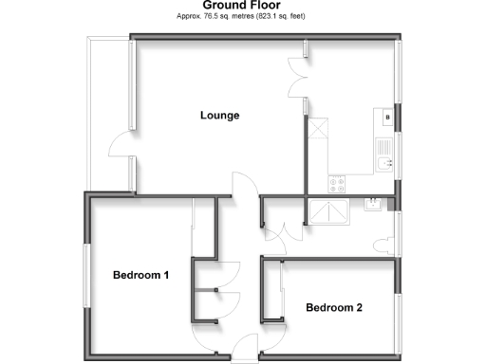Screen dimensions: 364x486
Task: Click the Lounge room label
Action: tap(219, 116)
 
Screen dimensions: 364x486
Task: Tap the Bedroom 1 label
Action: tap(140, 276)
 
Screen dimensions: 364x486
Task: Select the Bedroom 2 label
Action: tap(334, 307)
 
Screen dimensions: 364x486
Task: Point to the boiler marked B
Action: tap(388, 118)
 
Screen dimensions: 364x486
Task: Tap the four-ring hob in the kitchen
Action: tap(337, 179)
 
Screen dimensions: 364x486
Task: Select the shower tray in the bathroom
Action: tap(327, 210)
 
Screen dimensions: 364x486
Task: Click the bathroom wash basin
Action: tap(374, 203)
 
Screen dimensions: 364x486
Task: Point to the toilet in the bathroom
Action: tap(383, 244)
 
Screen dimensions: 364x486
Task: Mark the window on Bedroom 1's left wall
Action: tap(86, 274)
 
